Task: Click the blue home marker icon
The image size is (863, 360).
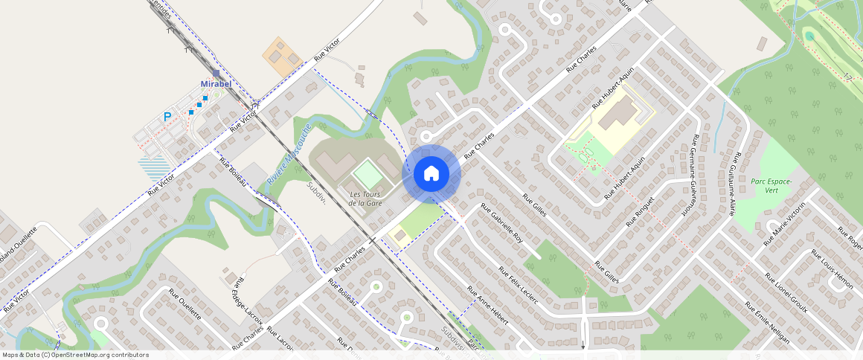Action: [431, 173]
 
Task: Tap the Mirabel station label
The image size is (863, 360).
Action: [216, 84]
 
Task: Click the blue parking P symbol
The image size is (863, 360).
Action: [167, 117]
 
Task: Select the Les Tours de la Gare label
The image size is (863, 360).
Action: [365, 199]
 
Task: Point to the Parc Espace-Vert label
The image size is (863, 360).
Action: [771, 185]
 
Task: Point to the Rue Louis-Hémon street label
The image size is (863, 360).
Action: [832, 268]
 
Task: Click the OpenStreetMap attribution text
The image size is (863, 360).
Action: [75, 355]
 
